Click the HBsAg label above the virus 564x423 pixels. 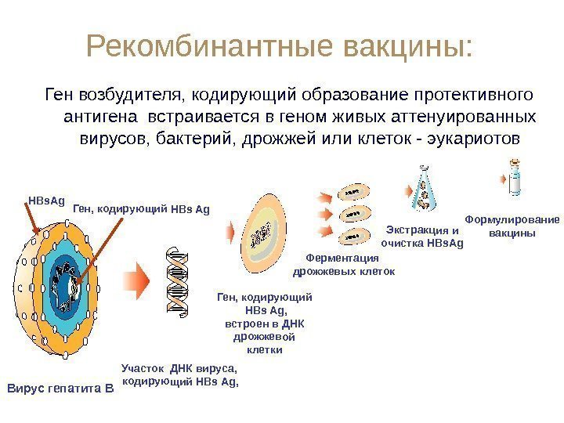[x=46, y=201]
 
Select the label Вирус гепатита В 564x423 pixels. [x=60, y=388]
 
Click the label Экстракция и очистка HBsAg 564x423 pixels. [x=422, y=237]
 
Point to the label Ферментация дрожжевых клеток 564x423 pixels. [x=343, y=264]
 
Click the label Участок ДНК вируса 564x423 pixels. [x=179, y=374]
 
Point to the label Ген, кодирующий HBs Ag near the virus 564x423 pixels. [x=142, y=209]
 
